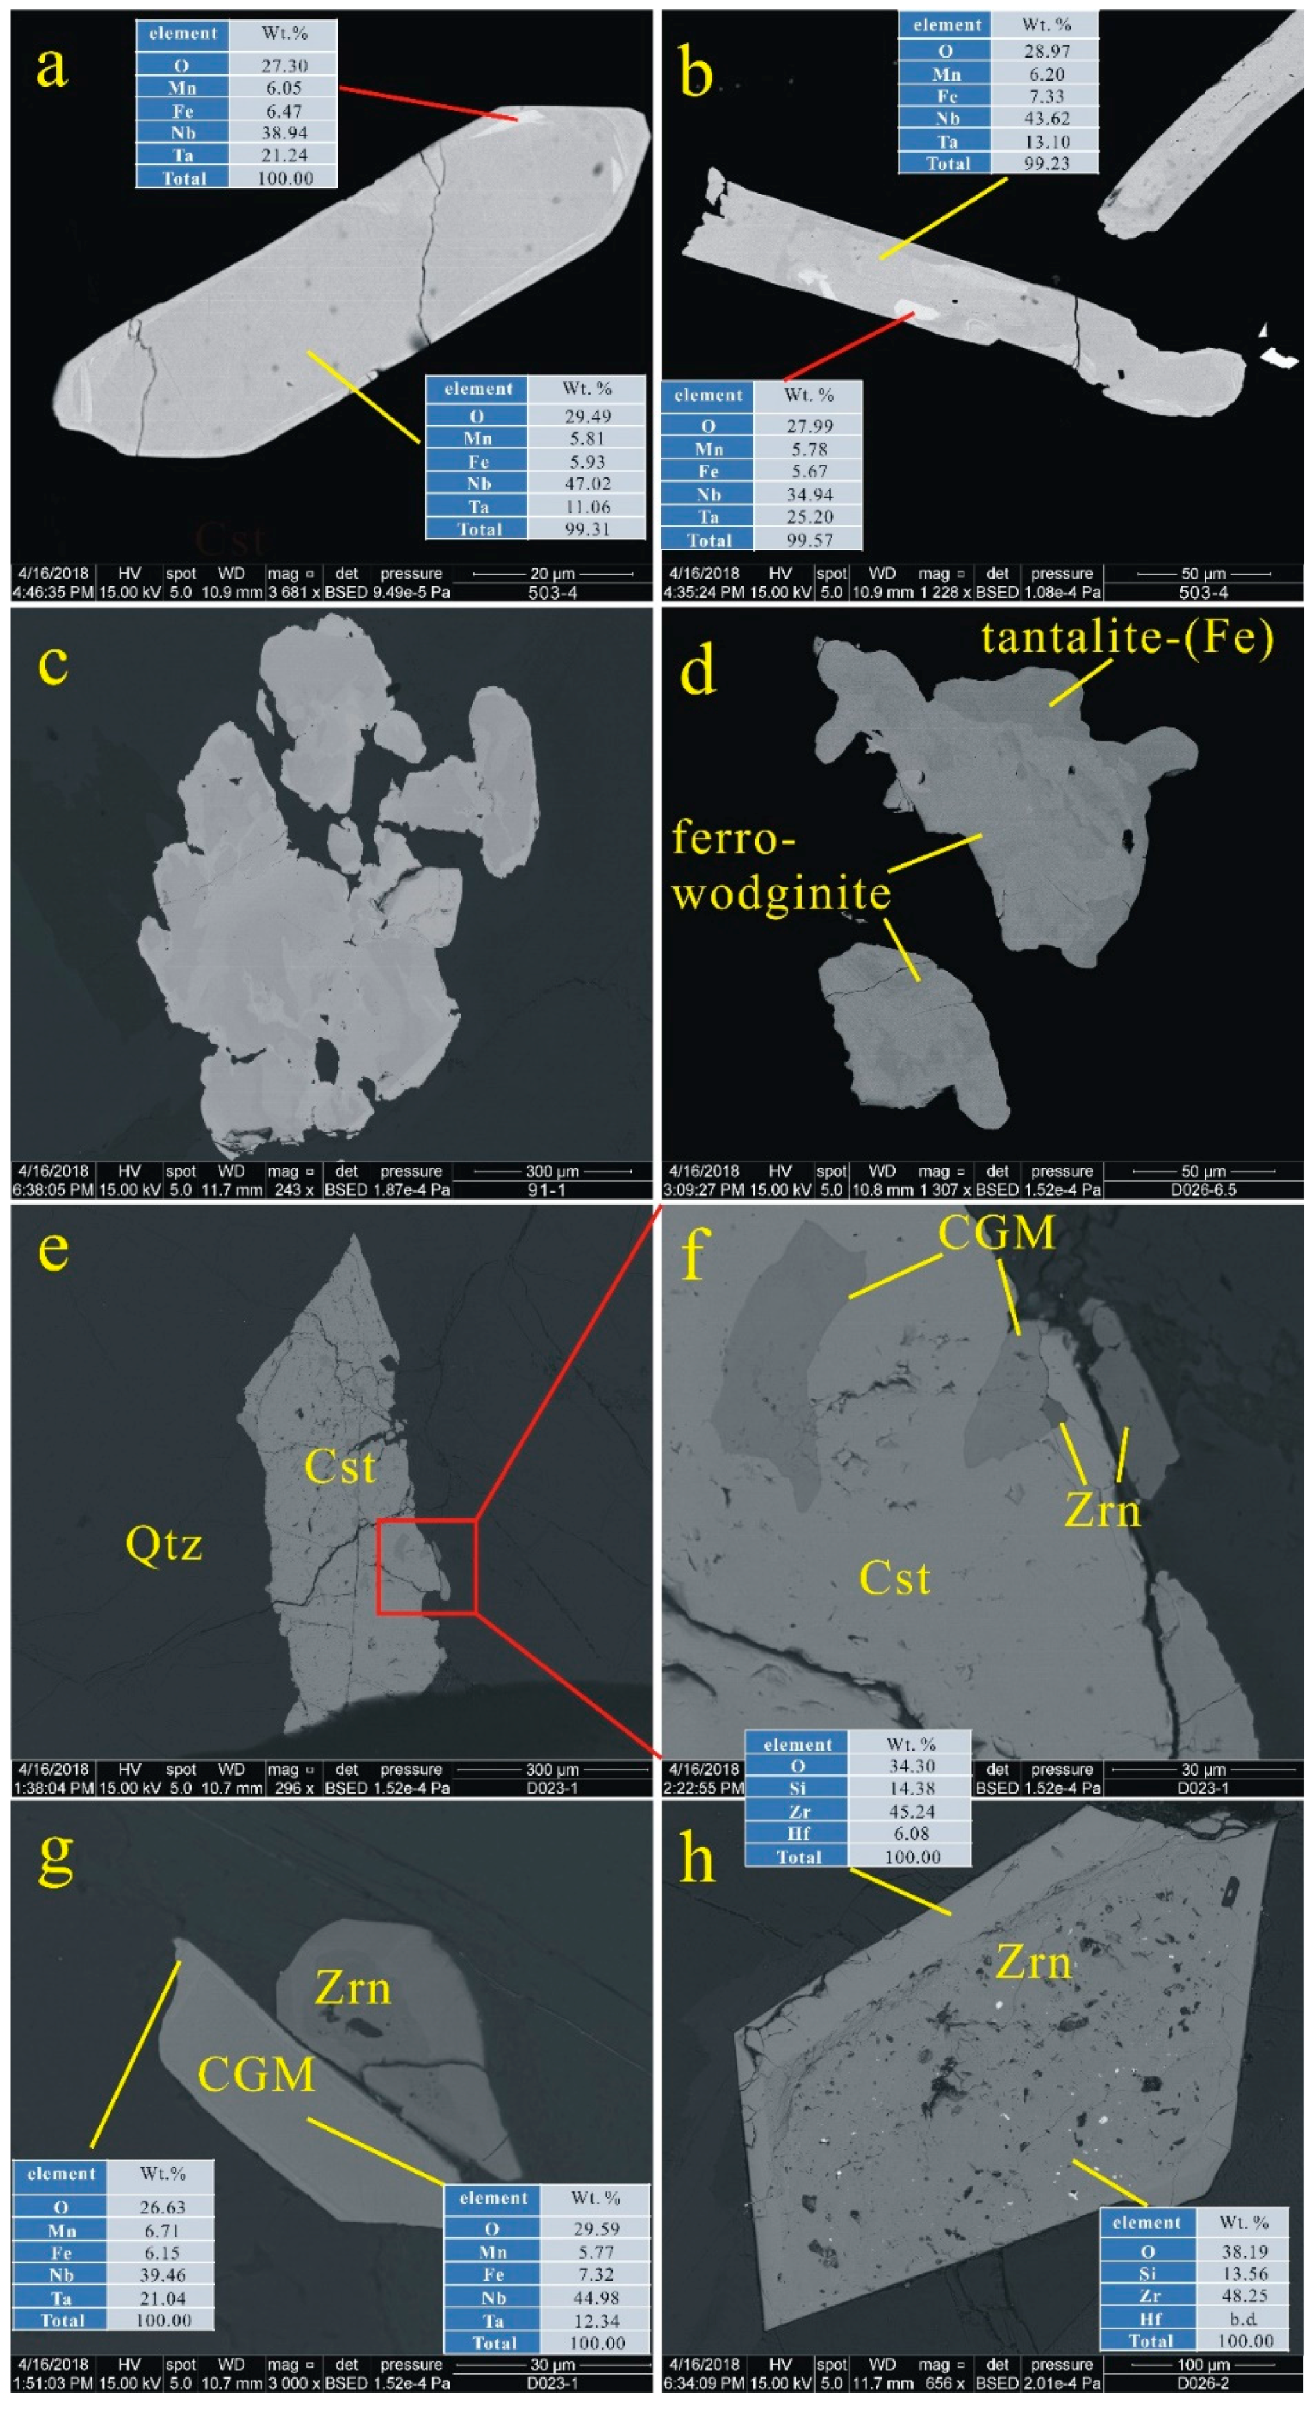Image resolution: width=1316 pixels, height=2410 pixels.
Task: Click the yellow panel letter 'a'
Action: pos(51,67)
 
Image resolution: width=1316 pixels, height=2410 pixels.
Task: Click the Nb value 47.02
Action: pos(586,484)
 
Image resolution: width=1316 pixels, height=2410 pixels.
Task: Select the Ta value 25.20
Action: pos(809,516)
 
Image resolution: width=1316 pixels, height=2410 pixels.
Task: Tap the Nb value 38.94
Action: pos(283,133)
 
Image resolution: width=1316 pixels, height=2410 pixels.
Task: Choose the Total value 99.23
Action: pos(1046,163)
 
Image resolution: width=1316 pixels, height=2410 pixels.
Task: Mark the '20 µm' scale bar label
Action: pos(552,574)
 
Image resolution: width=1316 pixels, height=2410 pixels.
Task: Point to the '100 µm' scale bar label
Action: pos(1203,2365)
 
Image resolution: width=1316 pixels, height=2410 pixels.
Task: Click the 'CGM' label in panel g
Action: pos(256,2075)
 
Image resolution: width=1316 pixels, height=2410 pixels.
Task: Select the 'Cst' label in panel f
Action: pos(894,1580)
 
